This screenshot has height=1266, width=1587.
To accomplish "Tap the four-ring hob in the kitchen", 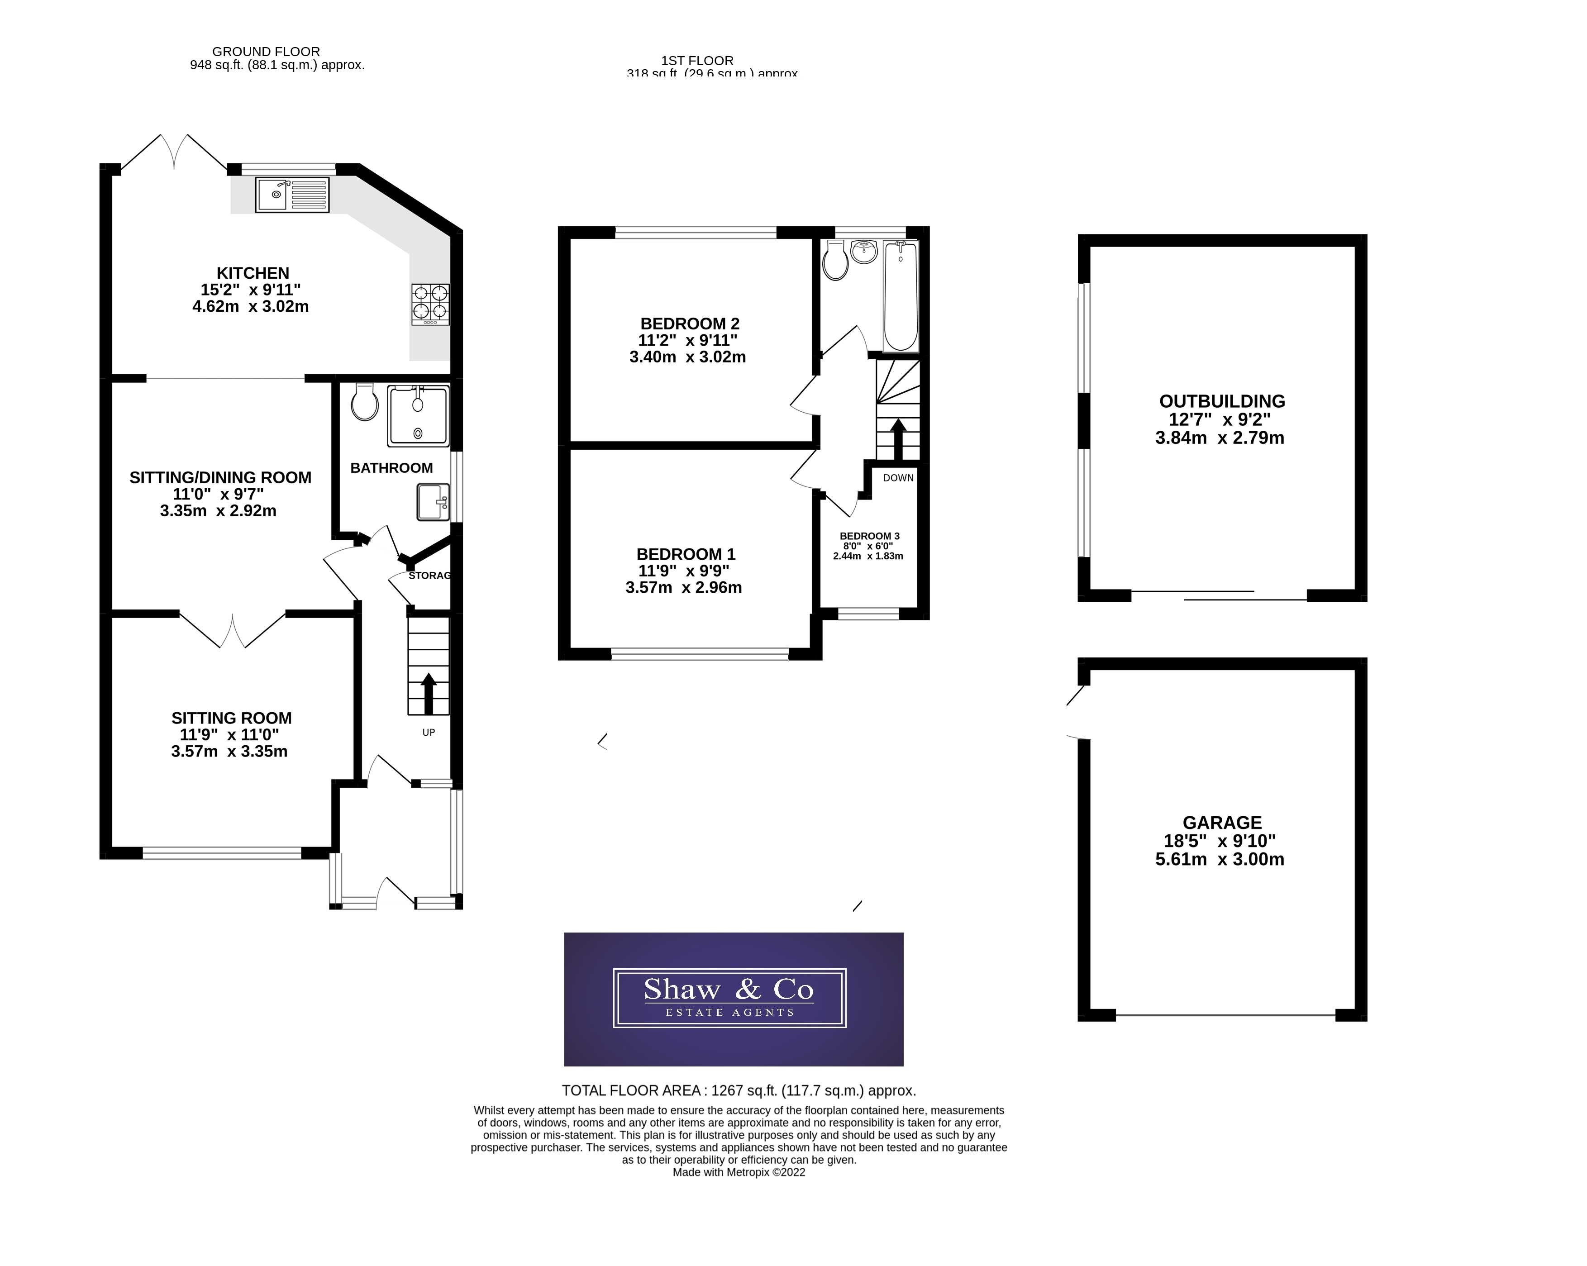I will pos(430,305).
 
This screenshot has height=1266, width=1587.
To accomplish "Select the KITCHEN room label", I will pos(253,273).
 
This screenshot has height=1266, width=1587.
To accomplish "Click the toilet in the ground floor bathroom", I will pos(364,403).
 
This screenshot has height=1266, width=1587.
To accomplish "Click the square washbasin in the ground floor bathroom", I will pos(433,502).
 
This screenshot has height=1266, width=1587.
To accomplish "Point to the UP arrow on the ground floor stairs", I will pos(429,692).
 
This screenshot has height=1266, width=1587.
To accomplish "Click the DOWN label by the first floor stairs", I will pos(898,478).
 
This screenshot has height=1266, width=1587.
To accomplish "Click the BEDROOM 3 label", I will pos(869,536).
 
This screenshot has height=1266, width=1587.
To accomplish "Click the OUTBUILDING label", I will pos(1222,401).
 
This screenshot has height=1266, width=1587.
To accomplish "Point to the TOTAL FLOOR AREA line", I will pos(739,1091).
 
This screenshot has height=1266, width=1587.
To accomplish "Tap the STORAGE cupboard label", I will pos(429,576).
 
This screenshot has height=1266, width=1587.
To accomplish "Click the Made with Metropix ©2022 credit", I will pos(739,1172).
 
